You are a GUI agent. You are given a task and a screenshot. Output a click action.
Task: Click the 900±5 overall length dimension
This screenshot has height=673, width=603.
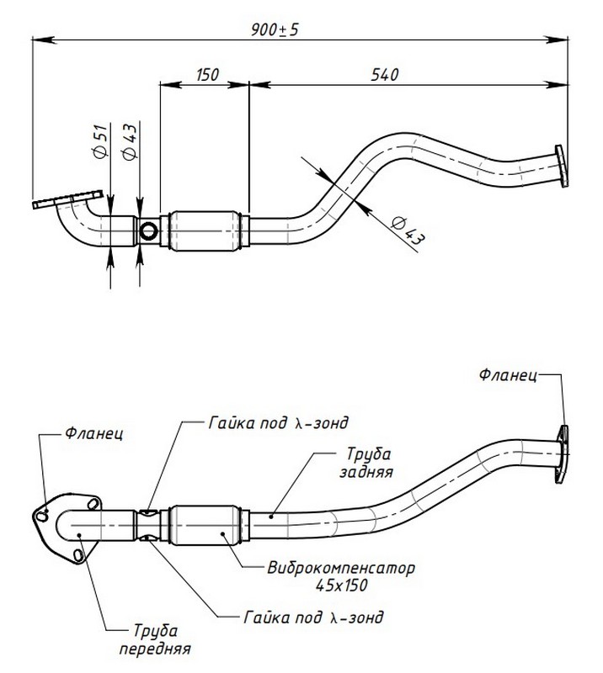tap(275, 29)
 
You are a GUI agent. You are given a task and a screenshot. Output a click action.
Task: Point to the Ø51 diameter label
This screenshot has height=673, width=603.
tap(99, 140)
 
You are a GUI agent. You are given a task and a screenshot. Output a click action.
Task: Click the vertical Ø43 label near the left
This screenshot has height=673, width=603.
tap(130, 140)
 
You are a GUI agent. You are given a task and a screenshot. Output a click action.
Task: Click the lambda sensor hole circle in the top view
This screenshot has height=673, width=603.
tap(149, 231)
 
